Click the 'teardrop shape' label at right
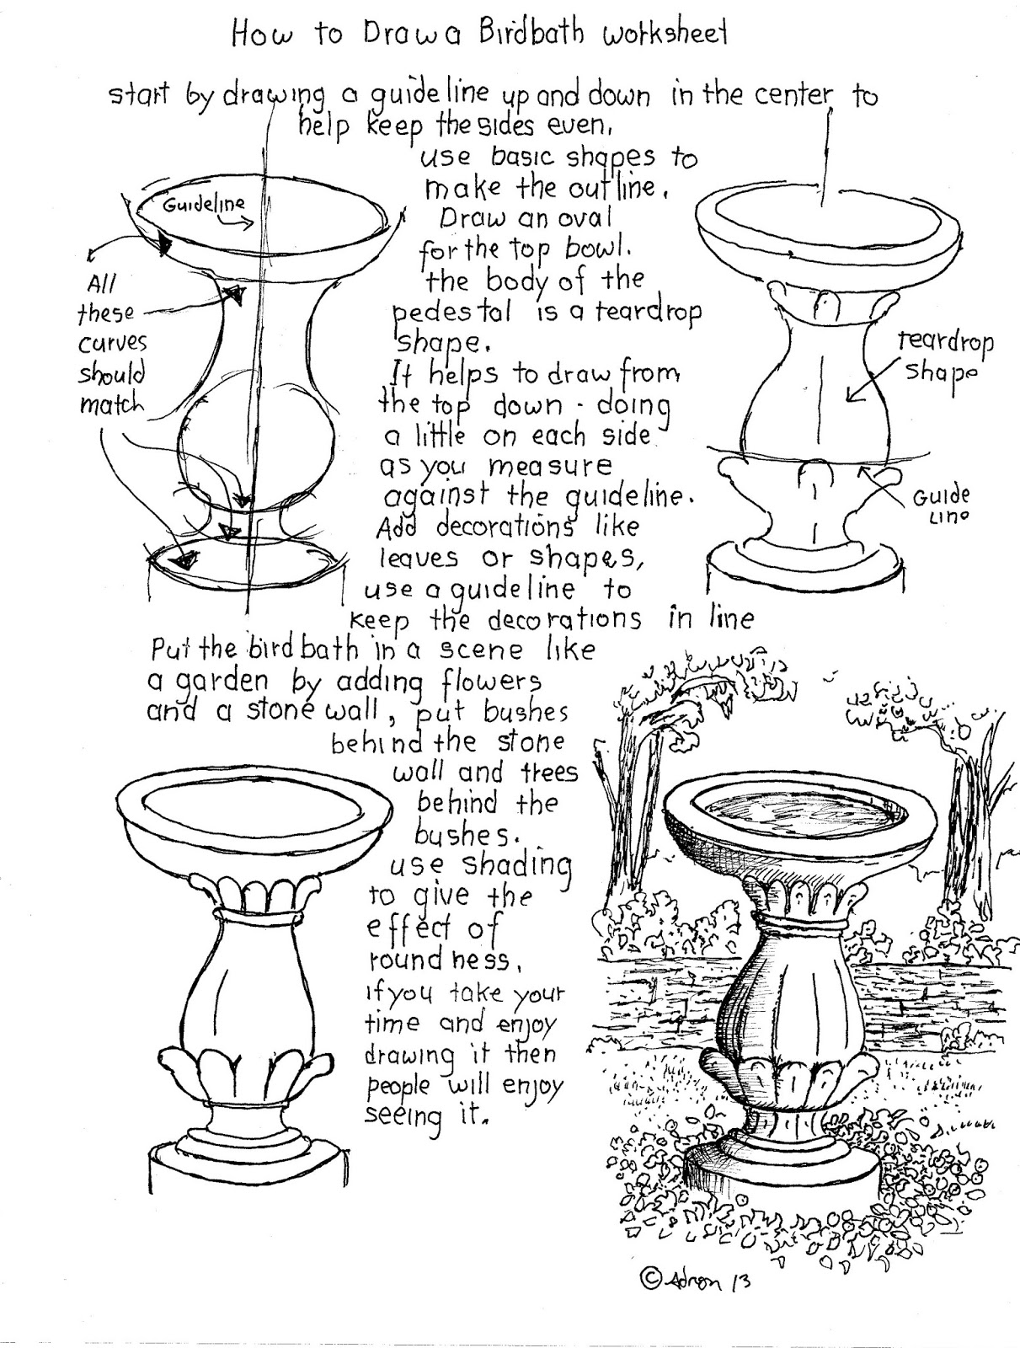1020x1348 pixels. pos(944,356)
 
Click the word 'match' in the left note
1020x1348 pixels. pos(111,404)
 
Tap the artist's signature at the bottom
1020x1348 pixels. pos(707,1280)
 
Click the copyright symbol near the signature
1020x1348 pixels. pos(650,1279)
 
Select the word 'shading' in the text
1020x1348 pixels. pos(516,865)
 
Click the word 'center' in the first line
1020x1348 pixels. pos(791,94)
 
